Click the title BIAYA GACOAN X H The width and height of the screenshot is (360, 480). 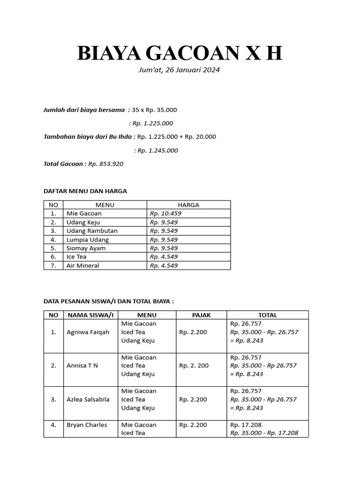[180, 53]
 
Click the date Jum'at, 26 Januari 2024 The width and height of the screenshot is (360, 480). [180, 70]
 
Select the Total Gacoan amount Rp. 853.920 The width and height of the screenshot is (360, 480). [105, 164]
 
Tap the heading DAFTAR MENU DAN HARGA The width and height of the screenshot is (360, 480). [85, 191]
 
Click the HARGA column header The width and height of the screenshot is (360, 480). [188, 205]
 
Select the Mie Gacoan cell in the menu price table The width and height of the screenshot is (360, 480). [84, 213]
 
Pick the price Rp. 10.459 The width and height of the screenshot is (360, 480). [165, 213]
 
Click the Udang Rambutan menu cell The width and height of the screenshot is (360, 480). [92, 231]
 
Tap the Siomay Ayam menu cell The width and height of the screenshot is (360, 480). [86, 248]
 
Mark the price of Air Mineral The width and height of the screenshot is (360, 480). [164, 265]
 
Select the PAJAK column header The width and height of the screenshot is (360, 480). [202, 315]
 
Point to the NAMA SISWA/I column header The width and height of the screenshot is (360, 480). [90, 315]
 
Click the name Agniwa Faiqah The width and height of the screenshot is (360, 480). [88, 332]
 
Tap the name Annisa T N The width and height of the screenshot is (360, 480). [82, 366]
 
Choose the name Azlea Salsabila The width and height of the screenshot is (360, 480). [88, 399]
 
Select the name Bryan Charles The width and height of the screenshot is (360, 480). [87, 425]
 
